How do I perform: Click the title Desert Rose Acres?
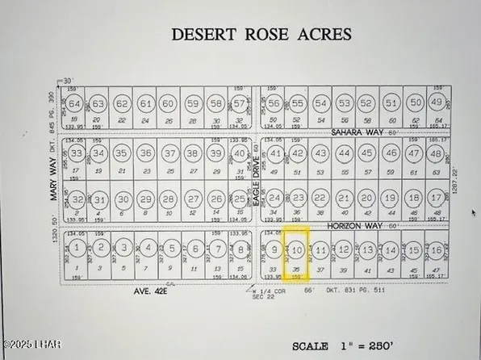(x=262, y=35)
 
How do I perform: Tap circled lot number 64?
(x=76, y=104)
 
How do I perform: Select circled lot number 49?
(x=437, y=103)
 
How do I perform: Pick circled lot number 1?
(x=77, y=247)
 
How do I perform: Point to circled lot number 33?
(x=77, y=152)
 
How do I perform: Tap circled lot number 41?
(x=275, y=153)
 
